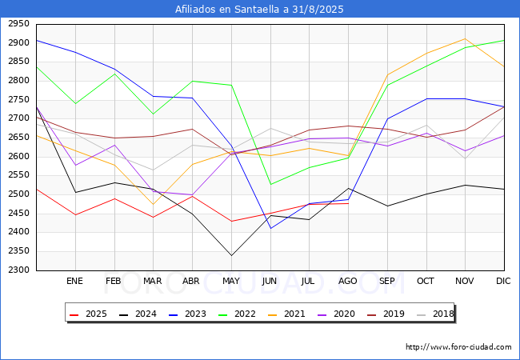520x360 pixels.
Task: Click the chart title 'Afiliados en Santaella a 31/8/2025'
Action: tap(259, 10)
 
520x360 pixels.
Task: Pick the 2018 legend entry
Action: tap(435, 314)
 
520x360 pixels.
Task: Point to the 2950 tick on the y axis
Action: tap(19, 24)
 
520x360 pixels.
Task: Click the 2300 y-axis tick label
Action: tap(19, 270)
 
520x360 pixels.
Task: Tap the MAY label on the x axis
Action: tap(231, 281)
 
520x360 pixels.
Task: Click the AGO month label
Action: tap(348, 281)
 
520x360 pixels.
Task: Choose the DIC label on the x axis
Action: tap(503, 281)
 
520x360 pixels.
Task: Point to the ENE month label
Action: tap(75, 281)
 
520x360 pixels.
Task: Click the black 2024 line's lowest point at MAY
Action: tap(231, 256)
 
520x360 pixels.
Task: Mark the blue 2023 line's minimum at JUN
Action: tap(270, 229)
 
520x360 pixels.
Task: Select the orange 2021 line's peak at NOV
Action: tap(465, 38)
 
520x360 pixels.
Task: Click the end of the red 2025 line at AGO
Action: tap(348, 203)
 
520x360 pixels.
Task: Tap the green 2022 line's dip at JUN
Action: tap(270, 185)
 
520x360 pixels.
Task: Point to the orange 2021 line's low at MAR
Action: tap(153, 204)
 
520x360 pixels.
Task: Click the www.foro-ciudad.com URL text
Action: tap(458, 347)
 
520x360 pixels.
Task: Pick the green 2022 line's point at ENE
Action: tap(75, 104)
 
